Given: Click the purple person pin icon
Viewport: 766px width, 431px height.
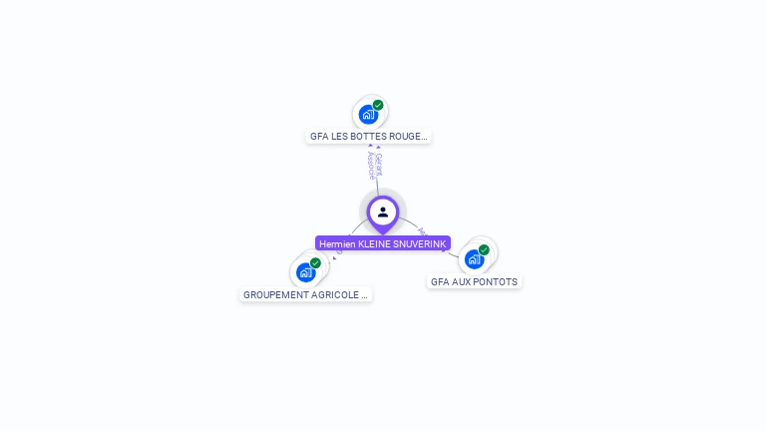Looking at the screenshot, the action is point(383,213).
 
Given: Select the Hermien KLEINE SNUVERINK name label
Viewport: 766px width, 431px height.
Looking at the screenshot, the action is point(383,243).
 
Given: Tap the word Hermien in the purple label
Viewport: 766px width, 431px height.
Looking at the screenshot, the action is point(337,243).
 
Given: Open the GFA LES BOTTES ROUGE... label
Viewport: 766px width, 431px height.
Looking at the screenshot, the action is point(368,137).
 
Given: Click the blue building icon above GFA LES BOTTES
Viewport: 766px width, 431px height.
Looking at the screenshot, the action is point(368,115).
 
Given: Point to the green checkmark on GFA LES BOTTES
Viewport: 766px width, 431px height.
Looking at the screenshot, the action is point(378,105).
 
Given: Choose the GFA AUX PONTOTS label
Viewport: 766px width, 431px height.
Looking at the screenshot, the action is point(474,282).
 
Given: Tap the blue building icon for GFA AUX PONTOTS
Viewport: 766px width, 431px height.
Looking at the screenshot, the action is point(474,259).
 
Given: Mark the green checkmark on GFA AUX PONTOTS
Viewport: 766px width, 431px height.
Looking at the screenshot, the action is point(484,250).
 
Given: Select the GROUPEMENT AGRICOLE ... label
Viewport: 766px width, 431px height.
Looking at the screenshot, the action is point(305,295).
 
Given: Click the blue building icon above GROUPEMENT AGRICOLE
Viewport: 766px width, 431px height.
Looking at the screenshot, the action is point(305,272).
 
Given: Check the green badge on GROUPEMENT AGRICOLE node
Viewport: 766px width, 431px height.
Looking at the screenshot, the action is point(315,263).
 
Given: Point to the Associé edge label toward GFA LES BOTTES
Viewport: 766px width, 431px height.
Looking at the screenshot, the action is point(370,166).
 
